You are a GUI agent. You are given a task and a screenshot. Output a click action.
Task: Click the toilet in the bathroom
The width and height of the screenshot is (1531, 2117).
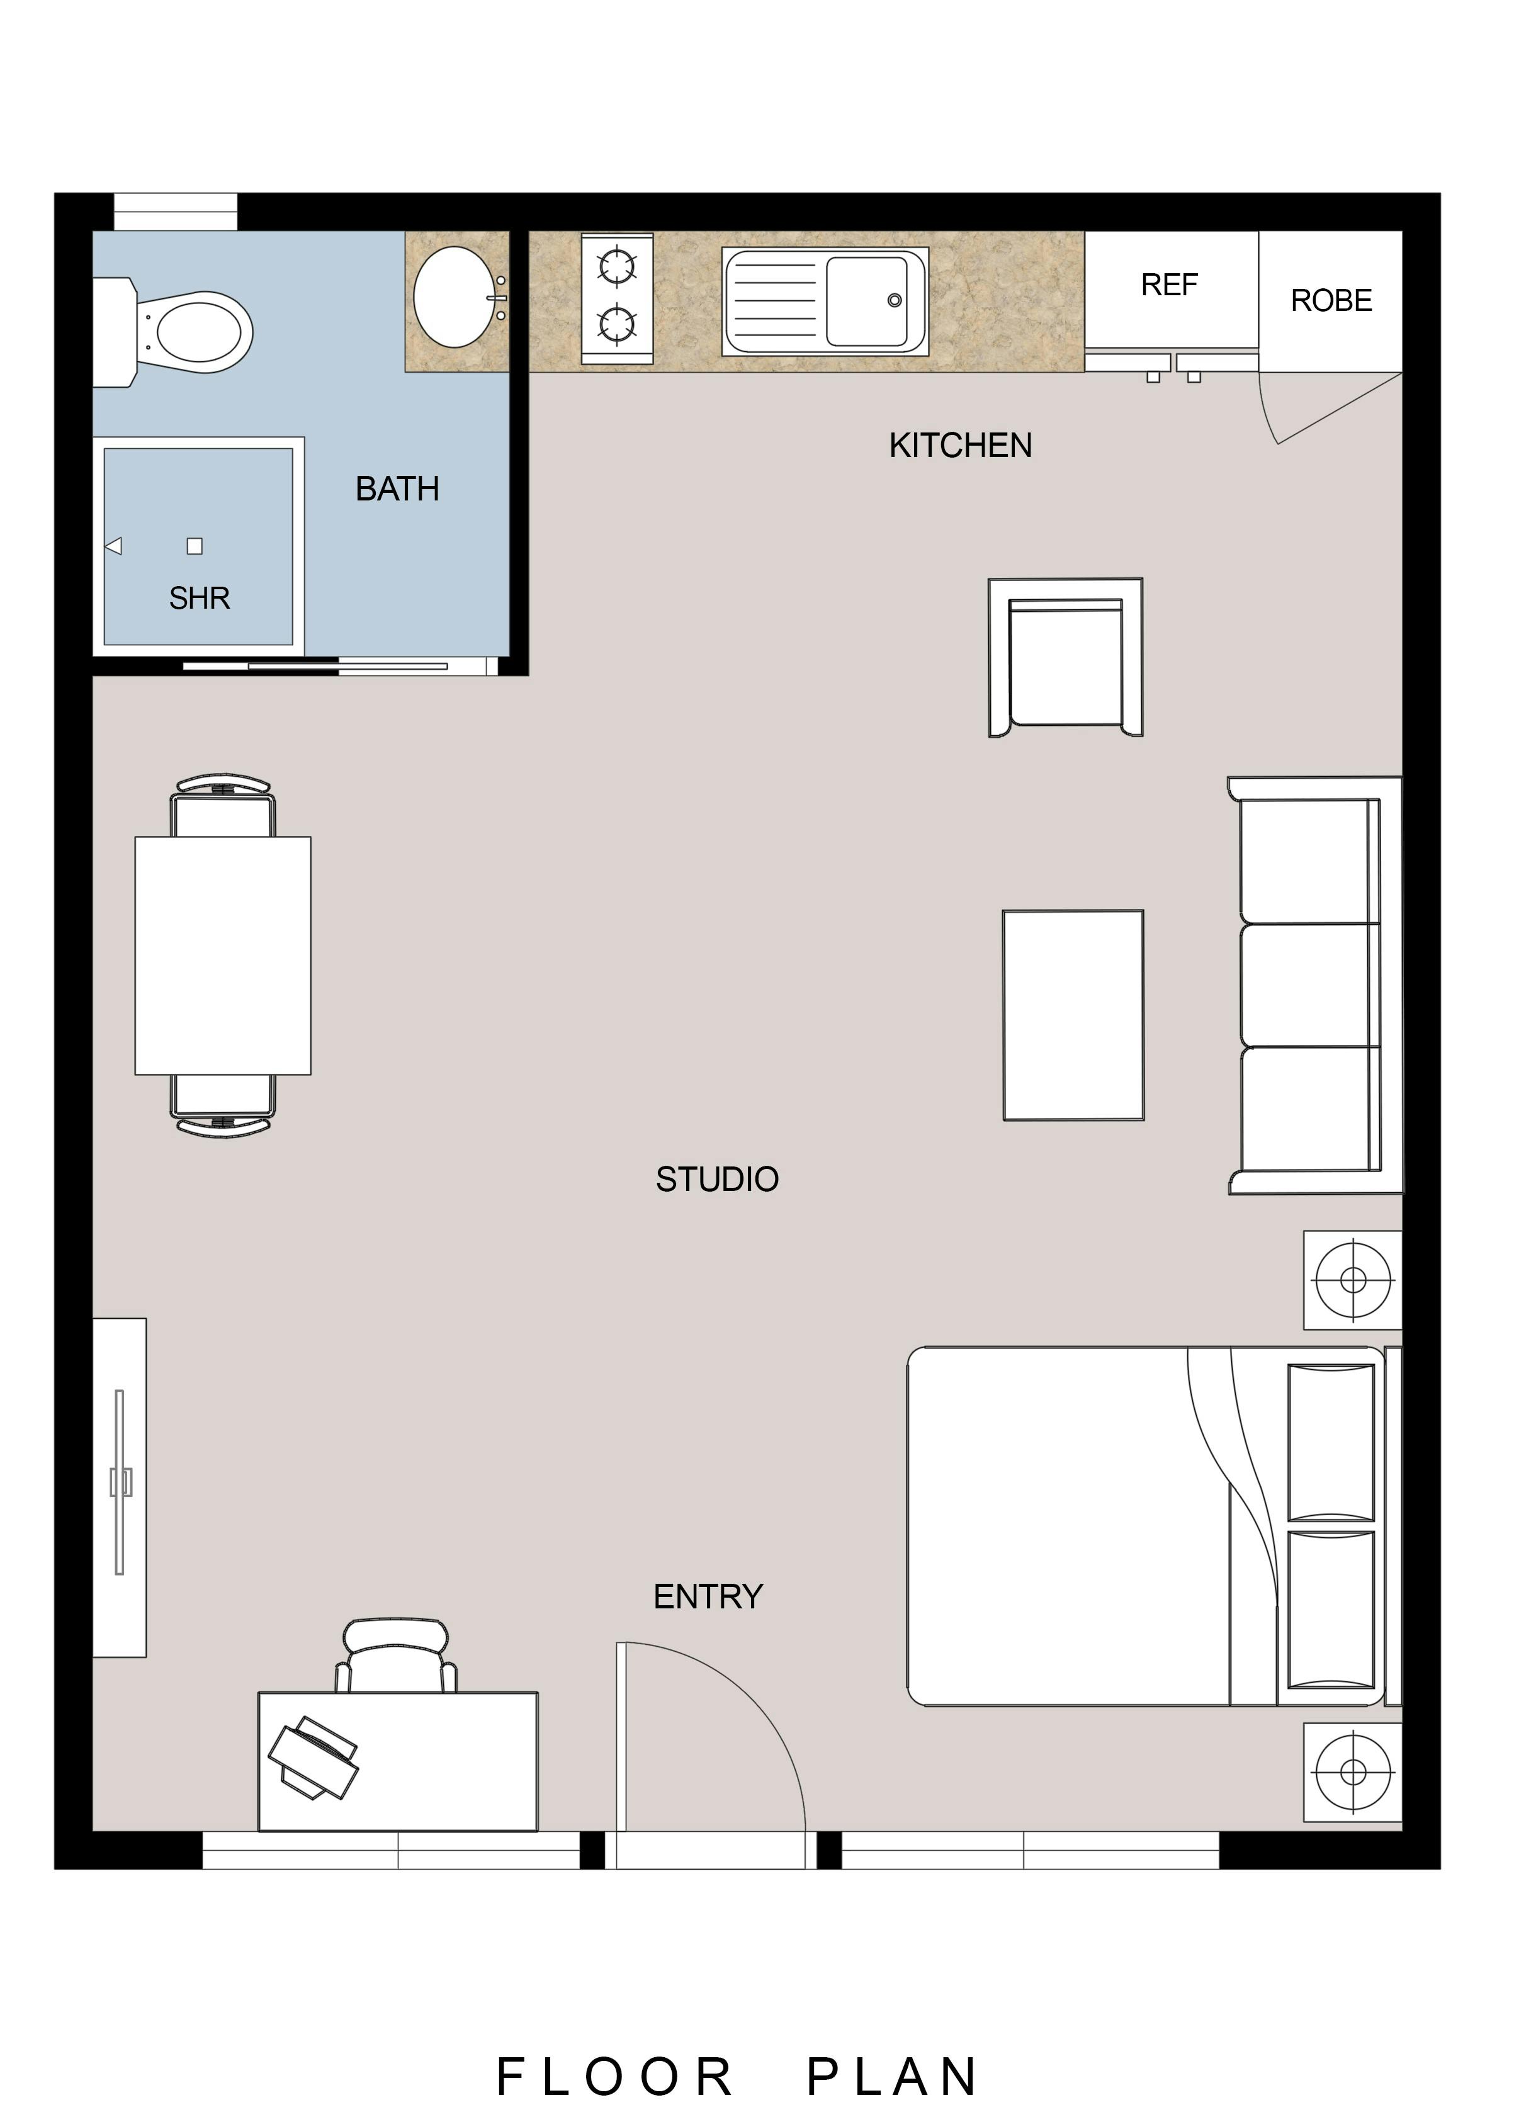pyautogui.click(x=172, y=331)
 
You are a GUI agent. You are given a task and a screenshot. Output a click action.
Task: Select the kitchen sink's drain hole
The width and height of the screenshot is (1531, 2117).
pyautogui.click(x=895, y=300)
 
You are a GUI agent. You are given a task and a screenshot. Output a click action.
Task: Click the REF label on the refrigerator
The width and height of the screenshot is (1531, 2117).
pyautogui.click(x=1169, y=285)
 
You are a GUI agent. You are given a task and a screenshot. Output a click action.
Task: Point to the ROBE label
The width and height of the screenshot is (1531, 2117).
pyautogui.click(x=1331, y=300)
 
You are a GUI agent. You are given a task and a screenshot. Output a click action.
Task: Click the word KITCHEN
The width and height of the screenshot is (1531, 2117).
pyautogui.click(x=961, y=445)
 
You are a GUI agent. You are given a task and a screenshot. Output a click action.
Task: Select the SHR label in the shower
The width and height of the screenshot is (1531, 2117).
pyautogui.click(x=199, y=598)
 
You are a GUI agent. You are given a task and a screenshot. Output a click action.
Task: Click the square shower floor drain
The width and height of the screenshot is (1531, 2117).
pyautogui.click(x=194, y=546)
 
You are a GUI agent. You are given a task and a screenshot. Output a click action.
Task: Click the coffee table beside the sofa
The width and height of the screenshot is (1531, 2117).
pyautogui.click(x=1073, y=1015)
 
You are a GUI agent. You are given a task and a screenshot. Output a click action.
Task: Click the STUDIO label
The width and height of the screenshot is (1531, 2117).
pyautogui.click(x=717, y=1180)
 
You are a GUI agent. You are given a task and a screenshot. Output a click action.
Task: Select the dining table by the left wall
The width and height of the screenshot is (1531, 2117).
pyautogui.click(x=223, y=955)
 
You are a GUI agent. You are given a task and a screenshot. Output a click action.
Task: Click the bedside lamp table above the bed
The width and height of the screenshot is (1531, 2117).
pyautogui.click(x=1353, y=1280)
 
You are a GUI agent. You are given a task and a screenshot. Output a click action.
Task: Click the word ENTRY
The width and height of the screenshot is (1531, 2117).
pyautogui.click(x=708, y=1597)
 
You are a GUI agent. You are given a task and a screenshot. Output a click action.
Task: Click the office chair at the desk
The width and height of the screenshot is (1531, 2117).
pyautogui.click(x=397, y=1656)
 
